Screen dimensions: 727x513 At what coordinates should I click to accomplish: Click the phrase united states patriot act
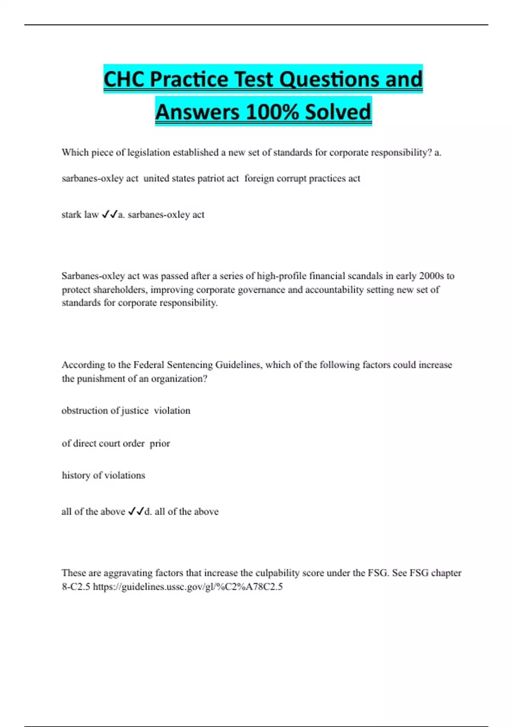pos(191,178)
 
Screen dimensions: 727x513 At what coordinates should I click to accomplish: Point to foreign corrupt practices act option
pos(302,178)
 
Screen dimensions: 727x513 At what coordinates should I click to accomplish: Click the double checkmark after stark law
pos(109,214)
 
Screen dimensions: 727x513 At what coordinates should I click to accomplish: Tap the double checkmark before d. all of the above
pos(136,511)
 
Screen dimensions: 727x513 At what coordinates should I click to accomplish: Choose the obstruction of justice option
pos(105,411)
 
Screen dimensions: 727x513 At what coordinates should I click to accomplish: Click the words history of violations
pos(103,475)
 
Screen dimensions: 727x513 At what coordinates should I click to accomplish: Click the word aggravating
pos(128,573)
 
